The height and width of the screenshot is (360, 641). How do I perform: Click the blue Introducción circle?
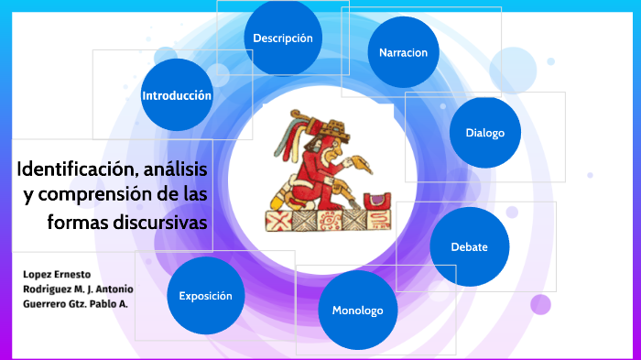pyautogui.click(x=177, y=95)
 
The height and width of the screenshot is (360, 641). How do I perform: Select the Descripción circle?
pyautogui.click(x=283, y=38)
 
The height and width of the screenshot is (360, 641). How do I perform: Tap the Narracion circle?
pyautogui.click(x=403, y=52)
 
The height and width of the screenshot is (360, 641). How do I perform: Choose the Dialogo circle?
pyautogui.click(x=484, y=133)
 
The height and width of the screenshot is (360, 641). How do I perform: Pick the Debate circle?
pyautogui.click(x=469, y=246)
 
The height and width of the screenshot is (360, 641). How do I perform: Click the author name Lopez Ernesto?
pyautogui.click(x=50, y=274)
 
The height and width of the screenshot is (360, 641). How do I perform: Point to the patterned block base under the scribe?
pyautogui.click(x=320, y=221)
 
